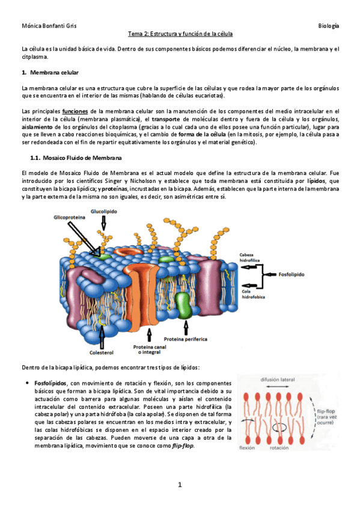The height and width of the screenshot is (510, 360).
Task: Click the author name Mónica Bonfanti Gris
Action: tap(48, 26)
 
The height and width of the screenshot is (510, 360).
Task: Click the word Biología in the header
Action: tap(328, 26)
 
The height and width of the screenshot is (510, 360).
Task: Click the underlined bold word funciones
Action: tap(75, 111)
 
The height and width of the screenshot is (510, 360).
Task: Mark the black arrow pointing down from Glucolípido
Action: tap(103, 224)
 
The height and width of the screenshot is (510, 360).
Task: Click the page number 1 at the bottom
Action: tap(180, 484)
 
